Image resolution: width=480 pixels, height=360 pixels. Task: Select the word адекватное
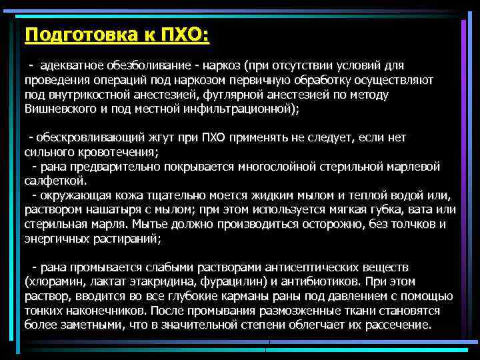[69, 65]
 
